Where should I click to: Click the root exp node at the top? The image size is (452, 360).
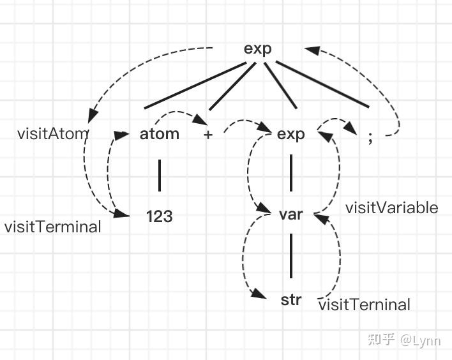[258, 49]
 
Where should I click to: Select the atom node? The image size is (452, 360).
[159, 134]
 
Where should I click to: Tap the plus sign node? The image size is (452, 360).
[208, 135]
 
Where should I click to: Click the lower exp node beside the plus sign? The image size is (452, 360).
[291, 134]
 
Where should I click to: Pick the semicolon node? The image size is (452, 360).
[370, 138]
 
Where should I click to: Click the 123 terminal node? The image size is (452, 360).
[159, 216]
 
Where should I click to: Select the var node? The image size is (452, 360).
[291, 214]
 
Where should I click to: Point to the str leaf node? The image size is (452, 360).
[291, 299]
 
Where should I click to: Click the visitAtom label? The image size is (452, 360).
[52, 134]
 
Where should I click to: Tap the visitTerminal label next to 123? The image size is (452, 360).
[52, 227]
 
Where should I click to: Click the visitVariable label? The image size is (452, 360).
[391, 207]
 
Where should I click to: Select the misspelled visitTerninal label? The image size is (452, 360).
[364, 304]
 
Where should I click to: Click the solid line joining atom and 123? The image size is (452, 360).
[159, 176]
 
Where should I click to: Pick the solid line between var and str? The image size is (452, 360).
[291, 255]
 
